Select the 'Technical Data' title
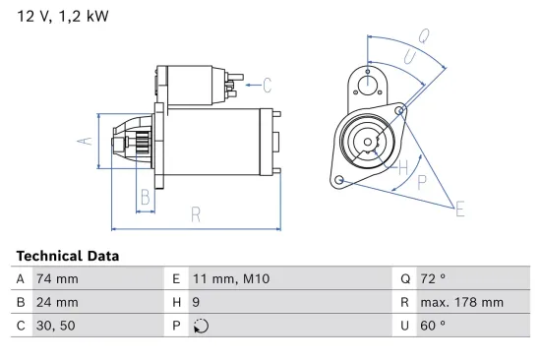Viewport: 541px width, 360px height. click(68, 256)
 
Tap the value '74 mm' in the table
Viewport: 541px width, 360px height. click(57, 279)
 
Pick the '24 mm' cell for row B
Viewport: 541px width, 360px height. click(57, 302)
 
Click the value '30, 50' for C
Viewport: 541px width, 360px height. click(56, 326)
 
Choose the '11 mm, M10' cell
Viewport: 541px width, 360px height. click(228, 279)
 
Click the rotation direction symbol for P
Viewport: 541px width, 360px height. click(201, 326)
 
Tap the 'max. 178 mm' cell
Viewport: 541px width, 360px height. click(462, 302)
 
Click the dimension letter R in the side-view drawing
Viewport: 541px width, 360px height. click(196, 213)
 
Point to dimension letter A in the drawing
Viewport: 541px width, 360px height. click(85, 141)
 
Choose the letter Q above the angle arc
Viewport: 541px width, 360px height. click(423, 35)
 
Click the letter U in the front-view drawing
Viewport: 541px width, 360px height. click(408, 59)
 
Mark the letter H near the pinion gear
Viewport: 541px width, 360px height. click(402, 167)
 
